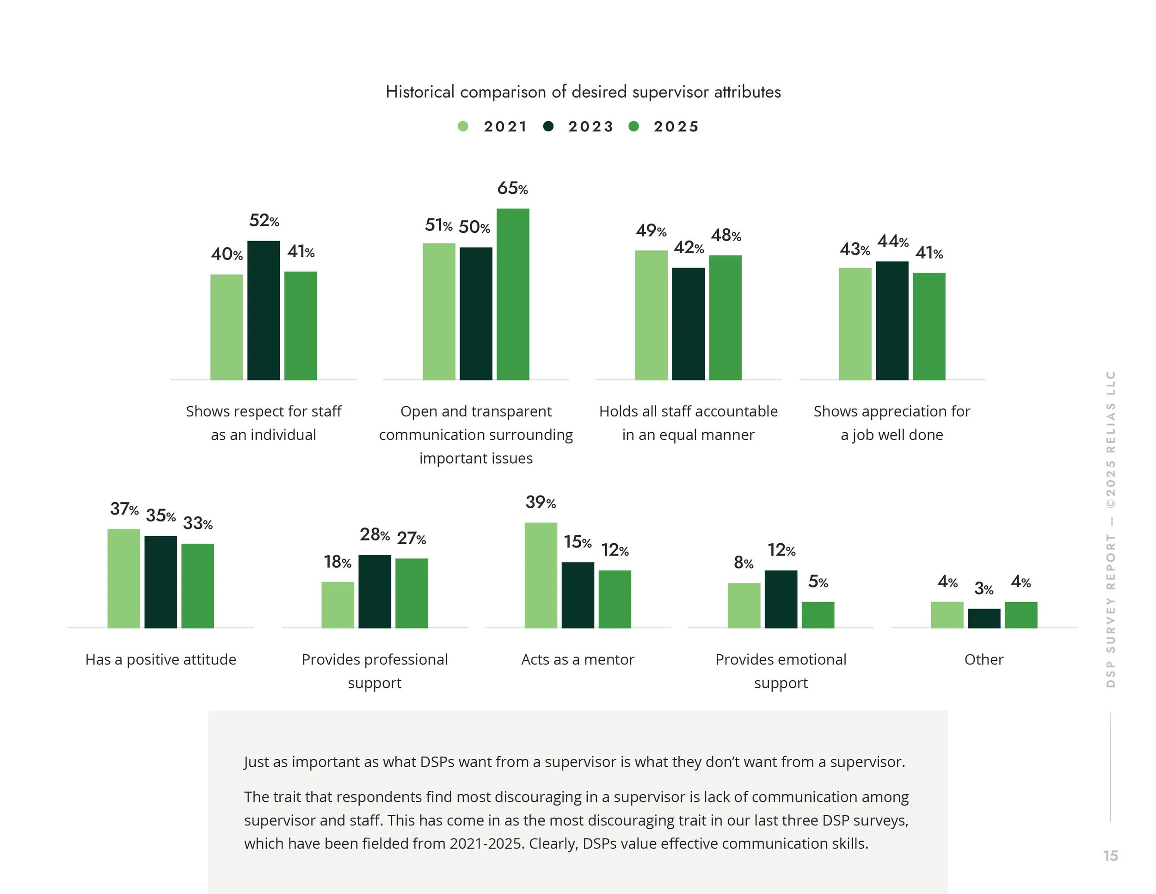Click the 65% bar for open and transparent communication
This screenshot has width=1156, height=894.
coord(512,294)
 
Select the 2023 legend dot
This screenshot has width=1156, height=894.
coord(548,126)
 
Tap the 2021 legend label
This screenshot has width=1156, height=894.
coord(505,127)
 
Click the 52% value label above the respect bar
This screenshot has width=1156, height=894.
coord(264,220)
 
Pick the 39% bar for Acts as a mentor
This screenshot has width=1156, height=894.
coord(541,575)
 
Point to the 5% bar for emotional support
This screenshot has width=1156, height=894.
coord(818,615)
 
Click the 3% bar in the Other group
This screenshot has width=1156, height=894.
coord(984,619)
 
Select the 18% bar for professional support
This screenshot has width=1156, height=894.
coord(338,605)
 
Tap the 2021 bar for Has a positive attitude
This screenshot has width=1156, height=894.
coord(124,578)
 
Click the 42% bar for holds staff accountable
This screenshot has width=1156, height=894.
coord(688,323)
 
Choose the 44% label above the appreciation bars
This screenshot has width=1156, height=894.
coord(892,242)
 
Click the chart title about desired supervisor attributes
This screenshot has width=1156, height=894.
coord(583,92)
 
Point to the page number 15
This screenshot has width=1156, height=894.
coord(1110,855)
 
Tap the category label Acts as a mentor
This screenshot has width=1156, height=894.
coord(578,659)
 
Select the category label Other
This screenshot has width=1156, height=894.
coord(984,659)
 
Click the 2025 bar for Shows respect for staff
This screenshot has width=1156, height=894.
coord(301,326)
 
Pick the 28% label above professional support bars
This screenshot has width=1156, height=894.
coord(374,535)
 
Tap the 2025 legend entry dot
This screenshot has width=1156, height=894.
coord(633,126)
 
